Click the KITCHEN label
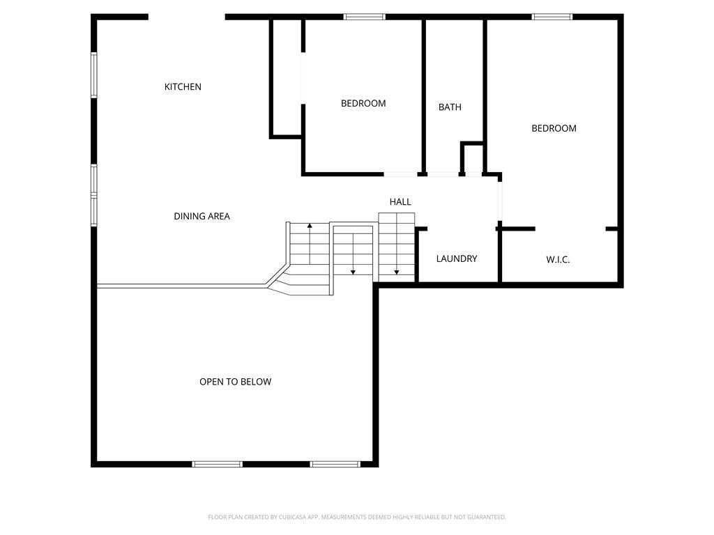(183, 87)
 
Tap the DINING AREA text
(202, 217)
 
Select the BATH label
(450, 107)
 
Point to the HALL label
(400, 202)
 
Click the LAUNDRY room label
(457, 259)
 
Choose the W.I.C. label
(558, 260)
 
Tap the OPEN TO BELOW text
(236, 382)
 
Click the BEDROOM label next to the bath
(363, 104)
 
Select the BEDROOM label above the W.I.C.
(554, 129)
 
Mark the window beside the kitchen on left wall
(94, 75)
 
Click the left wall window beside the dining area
(94, 196)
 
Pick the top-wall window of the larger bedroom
(552, 17)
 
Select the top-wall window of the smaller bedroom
(364, 17)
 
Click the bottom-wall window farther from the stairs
(217, 464)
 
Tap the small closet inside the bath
(472, 158)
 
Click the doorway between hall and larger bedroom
(499, 201)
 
